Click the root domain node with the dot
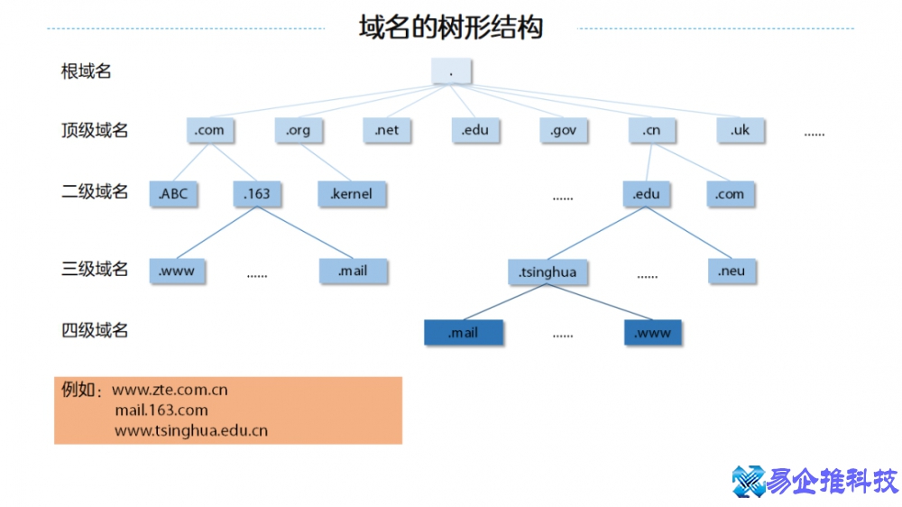451,71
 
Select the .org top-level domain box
299,131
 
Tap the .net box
386,131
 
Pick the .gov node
563,131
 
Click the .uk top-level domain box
740,131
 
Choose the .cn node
651,131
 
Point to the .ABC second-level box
173,194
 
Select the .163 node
257,194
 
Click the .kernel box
351,194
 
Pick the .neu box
732,271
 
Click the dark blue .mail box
464,333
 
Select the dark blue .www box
653,333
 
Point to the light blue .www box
177,271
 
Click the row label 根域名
87,71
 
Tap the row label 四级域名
95,331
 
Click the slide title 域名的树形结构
451,27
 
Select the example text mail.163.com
161,410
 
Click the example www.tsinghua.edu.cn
191,431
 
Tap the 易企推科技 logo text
830,482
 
